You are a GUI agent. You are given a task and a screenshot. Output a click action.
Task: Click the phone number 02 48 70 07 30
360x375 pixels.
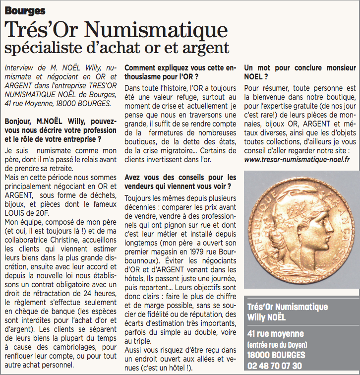(274, 366)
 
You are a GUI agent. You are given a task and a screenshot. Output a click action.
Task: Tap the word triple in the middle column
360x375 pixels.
(142, 341)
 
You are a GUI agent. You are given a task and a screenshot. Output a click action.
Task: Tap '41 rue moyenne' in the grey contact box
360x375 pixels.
(275, 334)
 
